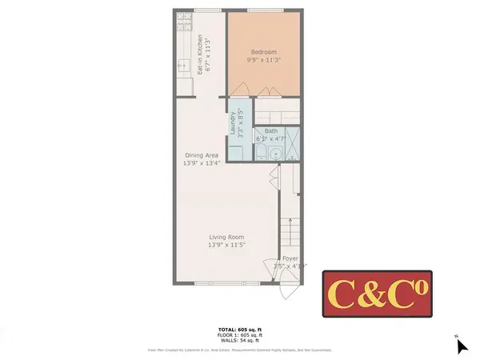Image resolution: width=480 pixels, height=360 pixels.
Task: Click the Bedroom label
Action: [265, 51]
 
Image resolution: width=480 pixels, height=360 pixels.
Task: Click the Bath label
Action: [271, 130]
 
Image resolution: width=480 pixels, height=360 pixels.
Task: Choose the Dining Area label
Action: [201, 155]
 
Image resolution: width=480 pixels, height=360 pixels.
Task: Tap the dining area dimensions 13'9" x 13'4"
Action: [201, 163]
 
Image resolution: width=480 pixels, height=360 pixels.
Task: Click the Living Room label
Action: [226, 237]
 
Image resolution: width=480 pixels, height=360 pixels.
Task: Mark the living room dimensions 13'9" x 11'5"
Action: [226, 245]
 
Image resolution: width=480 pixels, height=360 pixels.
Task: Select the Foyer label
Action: [290, 258]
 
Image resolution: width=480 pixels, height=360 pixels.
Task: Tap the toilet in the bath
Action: [261, 151]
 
